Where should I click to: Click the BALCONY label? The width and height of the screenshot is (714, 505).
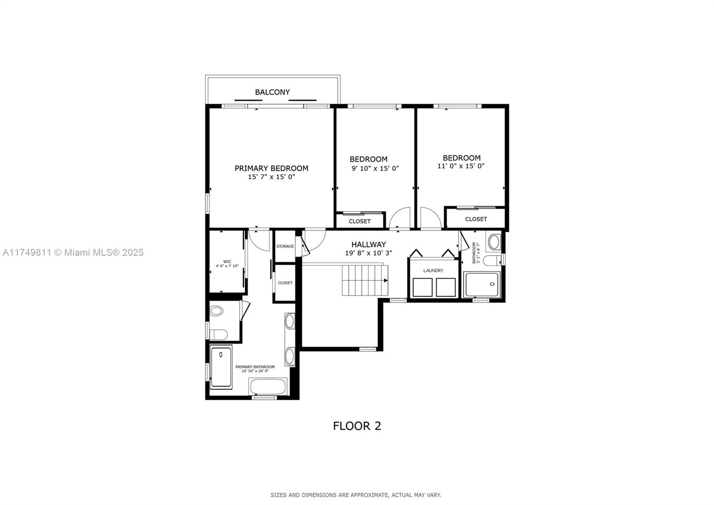coord(272,92)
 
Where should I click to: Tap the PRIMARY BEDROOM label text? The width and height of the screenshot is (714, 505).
coord(271,168)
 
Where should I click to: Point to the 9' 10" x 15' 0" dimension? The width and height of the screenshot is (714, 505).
coord(375,168)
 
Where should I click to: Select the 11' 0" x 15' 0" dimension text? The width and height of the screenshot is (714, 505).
coord(461,166)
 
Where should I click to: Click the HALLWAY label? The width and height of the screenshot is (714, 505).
coord(369,244)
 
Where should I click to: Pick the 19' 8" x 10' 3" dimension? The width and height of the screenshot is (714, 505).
coord(369,253)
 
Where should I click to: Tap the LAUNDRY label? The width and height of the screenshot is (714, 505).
coord(433,271)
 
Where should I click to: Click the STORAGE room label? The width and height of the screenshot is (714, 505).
coord(285,246)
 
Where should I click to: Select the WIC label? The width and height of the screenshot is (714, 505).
coord(227,262)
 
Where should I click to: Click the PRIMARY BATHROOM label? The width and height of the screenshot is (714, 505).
coord(255,367)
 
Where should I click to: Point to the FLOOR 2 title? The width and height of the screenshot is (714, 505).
coord(357,426)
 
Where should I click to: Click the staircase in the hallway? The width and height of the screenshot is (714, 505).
coord(365,280)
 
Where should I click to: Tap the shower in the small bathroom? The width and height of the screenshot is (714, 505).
coord(482,284)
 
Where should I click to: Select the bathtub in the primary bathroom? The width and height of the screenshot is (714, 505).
coord(268,387)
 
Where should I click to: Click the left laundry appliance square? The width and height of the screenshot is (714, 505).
coord(422,287)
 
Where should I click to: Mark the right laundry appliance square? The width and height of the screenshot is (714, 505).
coord(446,287)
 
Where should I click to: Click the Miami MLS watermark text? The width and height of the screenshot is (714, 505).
coord(73,252)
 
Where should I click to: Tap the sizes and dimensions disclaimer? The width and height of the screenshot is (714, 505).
coord(356,495)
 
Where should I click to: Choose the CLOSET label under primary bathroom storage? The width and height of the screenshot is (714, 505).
coord(285,283)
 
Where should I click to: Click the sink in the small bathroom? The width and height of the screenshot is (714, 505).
coord(494,242)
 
